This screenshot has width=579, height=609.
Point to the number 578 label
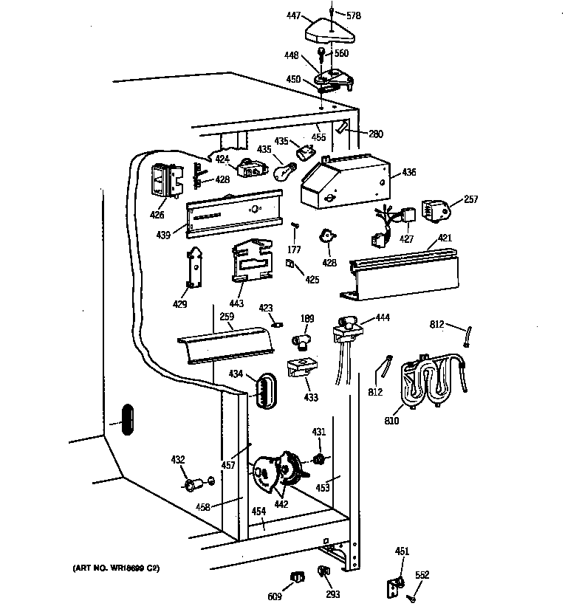[354, 15]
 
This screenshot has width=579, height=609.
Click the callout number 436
[408, 173]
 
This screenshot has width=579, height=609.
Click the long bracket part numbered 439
[234, 214]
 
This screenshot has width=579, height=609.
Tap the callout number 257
[471, 199]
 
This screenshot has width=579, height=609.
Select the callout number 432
[178, 460]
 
